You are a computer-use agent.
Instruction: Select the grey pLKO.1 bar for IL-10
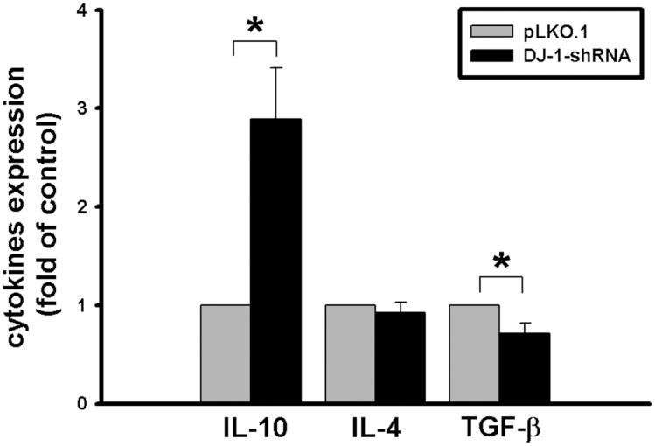(226, 353)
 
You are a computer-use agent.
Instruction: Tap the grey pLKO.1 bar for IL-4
(350, 353)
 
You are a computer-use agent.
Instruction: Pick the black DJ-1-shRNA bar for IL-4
(401, 357)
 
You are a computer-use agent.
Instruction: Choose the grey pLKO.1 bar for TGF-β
(474, 353)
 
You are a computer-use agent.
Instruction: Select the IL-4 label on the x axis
(375, 429)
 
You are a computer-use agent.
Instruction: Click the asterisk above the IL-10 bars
(255, 26)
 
